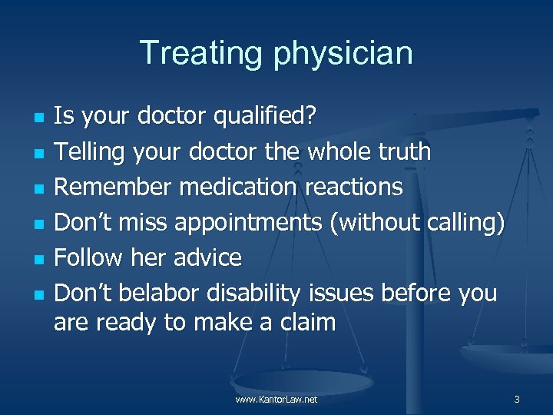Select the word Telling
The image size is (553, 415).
(90, 152)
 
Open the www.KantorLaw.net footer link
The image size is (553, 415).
(276, 400)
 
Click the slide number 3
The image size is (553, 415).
(517, 400)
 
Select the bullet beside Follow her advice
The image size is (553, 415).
(37, 259)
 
